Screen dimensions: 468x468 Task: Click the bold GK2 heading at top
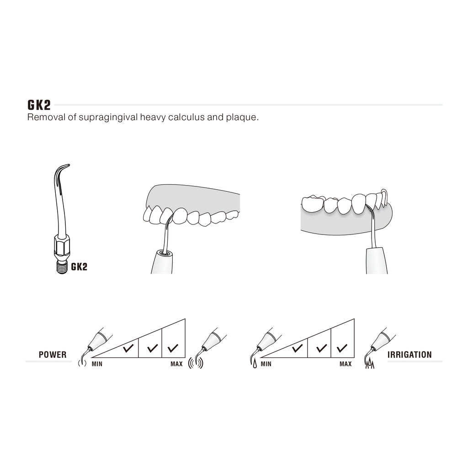tap(39, 105)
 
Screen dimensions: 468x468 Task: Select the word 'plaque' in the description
tap(241, 117)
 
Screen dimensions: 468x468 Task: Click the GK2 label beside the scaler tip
tap(79, 266)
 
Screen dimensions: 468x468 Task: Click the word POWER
tap(53, 355)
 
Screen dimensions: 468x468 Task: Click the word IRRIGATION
tap(409, 355)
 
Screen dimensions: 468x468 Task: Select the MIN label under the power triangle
tap(97, 364)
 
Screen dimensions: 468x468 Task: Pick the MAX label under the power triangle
tap(176, 364)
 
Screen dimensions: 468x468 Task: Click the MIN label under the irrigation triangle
tap(266, 364)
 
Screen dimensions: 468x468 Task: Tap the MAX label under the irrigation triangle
tap(346, 364)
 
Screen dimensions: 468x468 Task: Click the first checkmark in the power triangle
tap(128, 348)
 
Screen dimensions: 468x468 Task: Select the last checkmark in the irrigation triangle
tap(342, 348)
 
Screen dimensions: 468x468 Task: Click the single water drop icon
tap(255, 364)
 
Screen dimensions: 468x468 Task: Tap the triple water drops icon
tap(370, 364)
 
